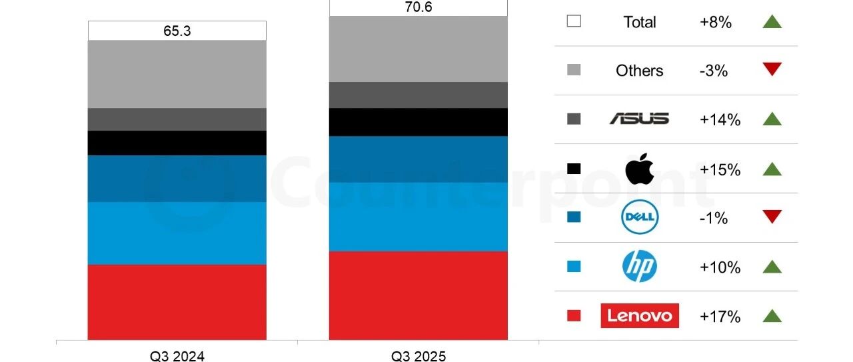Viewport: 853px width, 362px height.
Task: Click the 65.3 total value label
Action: [x=177, y=31]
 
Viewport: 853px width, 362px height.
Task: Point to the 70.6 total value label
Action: [x=418, y=7]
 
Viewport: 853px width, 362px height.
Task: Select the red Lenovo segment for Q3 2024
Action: [x=177, y=302]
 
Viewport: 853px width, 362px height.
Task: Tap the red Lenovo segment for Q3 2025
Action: [x=418, y=295]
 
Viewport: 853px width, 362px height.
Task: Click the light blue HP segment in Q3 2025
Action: [x=418, y=217]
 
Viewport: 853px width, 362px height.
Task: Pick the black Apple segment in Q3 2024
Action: [x=177, y=143]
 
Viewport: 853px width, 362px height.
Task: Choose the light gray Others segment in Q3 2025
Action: [x=418, y=49]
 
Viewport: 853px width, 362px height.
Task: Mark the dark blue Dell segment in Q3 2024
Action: [x=177, y=179]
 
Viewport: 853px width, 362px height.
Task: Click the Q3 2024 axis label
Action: [x=177, y=356]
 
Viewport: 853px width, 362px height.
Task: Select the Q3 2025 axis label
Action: [x=418, y=356]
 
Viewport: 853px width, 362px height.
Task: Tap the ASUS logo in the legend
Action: [x=639, y=119]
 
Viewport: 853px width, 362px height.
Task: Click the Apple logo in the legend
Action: [x=639, y=169]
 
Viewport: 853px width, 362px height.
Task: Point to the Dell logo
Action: [x=639, y=217]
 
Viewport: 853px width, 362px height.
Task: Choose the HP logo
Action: [x=639, y=267]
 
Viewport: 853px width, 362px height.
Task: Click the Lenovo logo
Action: [x=639, y=315]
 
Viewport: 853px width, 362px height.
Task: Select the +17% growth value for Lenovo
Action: [x=720, y=316]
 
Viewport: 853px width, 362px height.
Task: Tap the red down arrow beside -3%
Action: [x=772, y=69]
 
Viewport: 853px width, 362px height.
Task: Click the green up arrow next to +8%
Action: [x=772, y=21]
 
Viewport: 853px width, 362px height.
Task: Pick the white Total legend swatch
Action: [x=573, y=21]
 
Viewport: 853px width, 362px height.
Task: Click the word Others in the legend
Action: [x=639, y=71]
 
